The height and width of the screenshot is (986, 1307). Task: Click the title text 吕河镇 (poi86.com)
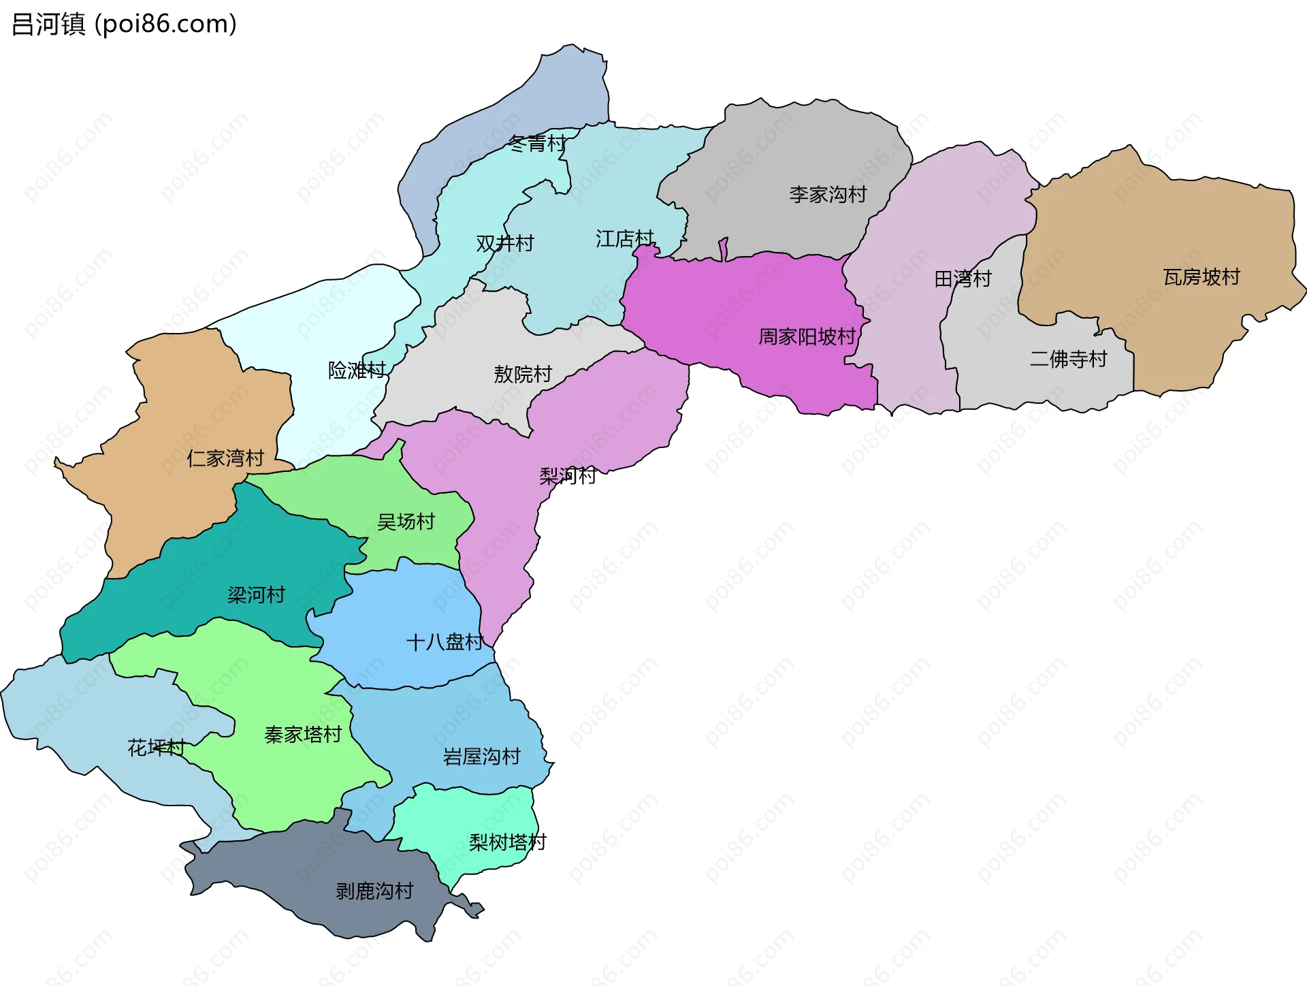(124, 25)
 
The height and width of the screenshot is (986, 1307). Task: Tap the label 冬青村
(537, 144)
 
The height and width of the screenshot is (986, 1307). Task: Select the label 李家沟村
(828, 195)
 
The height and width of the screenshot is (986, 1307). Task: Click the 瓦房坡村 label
(1201, 277)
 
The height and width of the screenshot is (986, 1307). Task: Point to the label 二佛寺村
(1069, 359)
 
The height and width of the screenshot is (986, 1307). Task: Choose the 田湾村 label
(963, 279)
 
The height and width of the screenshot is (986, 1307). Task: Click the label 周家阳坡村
(807, 337)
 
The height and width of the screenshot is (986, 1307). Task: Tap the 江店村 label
(624, 239)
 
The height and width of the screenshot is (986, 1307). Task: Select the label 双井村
(504, 244)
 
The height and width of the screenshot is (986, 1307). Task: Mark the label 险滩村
(357, 370)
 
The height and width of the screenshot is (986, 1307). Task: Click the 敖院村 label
(523, 375)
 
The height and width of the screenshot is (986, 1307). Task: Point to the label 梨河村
(568, 475)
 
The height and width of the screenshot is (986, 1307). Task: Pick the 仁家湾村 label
(225, 458)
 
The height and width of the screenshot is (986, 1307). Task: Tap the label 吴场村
(406, 522)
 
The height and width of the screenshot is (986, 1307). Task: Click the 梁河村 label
(256, 595)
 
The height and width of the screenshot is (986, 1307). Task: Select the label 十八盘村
(445, 642)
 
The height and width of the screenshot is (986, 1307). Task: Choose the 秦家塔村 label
(303, 735)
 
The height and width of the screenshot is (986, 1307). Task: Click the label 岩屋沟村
(481, 757)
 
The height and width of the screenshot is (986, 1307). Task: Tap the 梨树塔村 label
(507, 843)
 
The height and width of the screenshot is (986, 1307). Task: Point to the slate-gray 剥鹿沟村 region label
(374, 891)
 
